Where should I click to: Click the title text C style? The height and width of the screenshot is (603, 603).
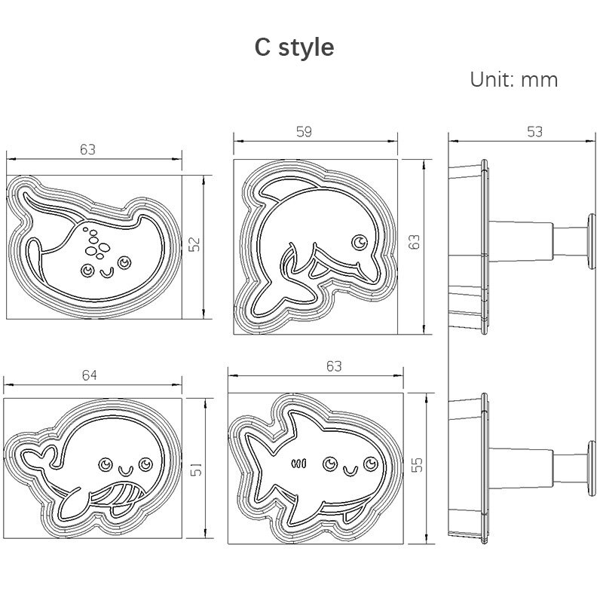[x=294, y=47]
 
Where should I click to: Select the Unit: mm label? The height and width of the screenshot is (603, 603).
[x=513, y=80]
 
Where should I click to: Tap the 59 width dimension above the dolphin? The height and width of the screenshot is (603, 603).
[x=303, y=132]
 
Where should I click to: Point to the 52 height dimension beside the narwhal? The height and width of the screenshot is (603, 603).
[x=194, y=244]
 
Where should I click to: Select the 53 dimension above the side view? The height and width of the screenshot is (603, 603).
[x=534, y=132]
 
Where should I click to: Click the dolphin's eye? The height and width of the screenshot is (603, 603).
[x=360, y=242]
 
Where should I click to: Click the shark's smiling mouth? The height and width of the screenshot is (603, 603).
[x=349, y=471]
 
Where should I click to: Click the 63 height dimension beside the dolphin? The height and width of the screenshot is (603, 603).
[x=414, y=242]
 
